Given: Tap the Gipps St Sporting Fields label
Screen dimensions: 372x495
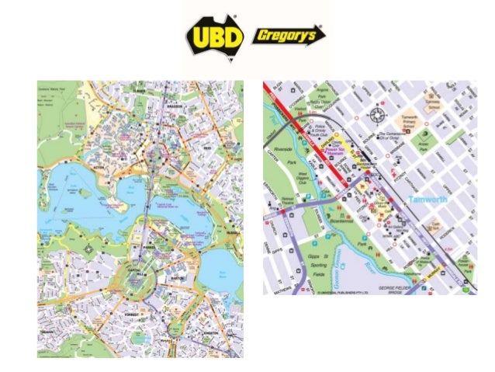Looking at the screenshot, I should click(299, 265).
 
